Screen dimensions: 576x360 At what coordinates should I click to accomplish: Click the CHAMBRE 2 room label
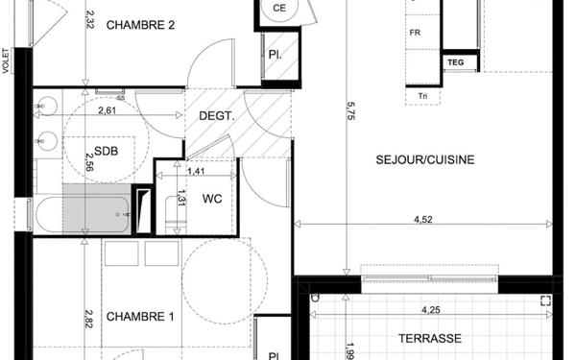coord(140,25)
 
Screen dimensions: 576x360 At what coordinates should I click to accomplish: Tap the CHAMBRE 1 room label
coord(140,317)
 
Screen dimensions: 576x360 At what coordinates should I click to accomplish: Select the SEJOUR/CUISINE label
coord(425,159)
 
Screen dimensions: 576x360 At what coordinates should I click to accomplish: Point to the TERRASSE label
coord(430,338)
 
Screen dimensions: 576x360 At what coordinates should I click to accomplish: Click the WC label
coord(212,199)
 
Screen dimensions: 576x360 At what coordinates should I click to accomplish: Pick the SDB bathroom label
coord(107,151)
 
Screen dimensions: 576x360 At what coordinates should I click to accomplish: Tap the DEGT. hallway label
coord(217,116)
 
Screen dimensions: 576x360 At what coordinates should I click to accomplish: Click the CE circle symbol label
coord(279,8)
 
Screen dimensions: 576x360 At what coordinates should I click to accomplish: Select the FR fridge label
coord(415,33)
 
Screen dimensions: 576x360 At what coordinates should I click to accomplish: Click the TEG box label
coord(455,62)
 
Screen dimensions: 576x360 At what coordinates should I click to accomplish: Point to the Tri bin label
coord(422,96)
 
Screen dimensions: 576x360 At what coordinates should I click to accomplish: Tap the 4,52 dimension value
coord(423,219)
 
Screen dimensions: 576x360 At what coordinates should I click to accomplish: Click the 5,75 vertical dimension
coord(350,110)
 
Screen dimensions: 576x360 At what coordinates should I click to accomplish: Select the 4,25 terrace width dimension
coord(431,310)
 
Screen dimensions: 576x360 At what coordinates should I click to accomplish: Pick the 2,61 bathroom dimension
coord(108,110)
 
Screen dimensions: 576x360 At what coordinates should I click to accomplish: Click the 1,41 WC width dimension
coord(196,171)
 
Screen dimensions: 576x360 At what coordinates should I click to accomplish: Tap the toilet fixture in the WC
coord(176,215)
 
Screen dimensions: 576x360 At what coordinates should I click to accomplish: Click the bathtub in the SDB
coord(83,214)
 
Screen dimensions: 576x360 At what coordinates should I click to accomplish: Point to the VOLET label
coord(6,61)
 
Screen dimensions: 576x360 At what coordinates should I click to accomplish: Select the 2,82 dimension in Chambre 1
coord(88,319)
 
